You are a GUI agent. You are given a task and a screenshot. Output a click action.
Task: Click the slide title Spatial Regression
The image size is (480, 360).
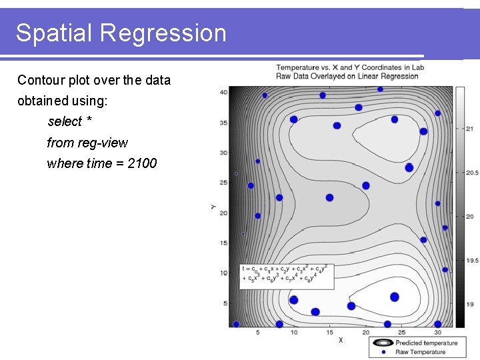[121, 33]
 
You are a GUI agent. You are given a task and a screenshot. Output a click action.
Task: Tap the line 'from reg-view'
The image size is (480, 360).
[87, 143]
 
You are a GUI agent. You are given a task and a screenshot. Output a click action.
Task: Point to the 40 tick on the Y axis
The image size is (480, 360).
[223, 92]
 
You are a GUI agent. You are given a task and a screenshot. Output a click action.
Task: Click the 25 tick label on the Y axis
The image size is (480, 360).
[223, 183]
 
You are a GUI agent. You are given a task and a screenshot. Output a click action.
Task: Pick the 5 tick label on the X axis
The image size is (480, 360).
[258, 332]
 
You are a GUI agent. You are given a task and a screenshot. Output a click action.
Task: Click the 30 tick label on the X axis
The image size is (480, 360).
[437, 332]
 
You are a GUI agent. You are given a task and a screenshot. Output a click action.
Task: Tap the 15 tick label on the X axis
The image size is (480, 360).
[329, 332]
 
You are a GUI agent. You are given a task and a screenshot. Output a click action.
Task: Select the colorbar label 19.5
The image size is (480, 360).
[471, 261]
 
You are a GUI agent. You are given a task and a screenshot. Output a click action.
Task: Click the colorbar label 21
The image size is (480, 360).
[469, 129]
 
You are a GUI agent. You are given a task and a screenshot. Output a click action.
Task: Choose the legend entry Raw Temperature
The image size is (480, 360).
[420, 351]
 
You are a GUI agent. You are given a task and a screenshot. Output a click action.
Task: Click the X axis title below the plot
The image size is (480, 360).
[341, 340]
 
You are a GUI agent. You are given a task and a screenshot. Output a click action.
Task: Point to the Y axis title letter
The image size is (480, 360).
[213, 208]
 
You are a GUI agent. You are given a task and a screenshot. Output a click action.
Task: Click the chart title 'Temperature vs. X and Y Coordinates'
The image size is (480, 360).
[347, 67]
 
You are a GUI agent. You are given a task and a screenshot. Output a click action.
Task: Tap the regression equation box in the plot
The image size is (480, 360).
[287, 274]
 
